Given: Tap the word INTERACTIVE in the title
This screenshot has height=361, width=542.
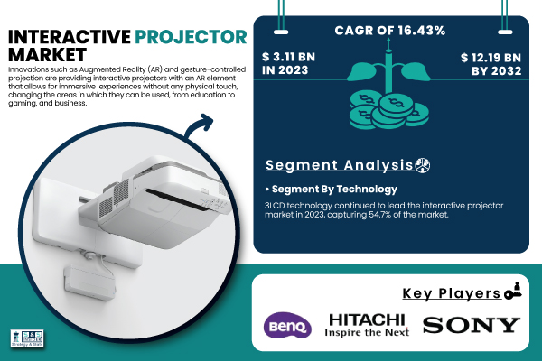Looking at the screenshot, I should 70,37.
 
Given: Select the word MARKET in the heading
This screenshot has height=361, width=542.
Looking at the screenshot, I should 41,56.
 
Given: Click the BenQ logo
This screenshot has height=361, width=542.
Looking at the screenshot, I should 287,324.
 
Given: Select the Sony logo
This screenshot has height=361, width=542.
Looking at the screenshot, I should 472,324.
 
